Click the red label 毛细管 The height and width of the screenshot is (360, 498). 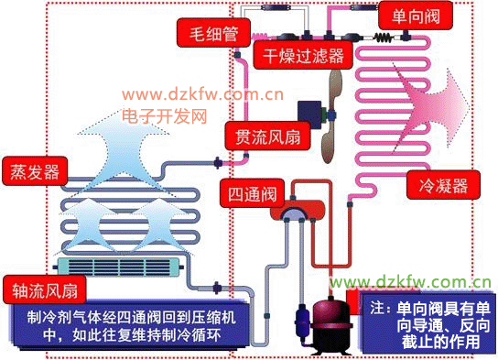(213, 33)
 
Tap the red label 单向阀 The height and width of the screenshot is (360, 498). (416, 16)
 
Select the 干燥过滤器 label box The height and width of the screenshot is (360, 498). (303, 55)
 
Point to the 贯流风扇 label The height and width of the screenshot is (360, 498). (267, 136)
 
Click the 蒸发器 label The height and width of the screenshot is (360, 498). (35, 171)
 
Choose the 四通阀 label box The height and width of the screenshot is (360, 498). (252, 193)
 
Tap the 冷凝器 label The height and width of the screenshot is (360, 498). (443, 185)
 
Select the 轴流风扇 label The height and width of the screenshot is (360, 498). (45, 289)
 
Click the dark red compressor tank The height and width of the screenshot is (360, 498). (330, 324)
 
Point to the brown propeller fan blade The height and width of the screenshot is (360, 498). (331, 116)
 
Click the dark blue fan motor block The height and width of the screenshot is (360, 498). (309, 113)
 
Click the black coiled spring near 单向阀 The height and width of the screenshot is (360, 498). (384, 38)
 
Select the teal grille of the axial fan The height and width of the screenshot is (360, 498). (119, 267)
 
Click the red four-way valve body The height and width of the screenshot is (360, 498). (298, 210)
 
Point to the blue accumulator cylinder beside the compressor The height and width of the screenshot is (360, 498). (302, 320)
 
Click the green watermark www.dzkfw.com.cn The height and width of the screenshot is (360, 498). (410, 282)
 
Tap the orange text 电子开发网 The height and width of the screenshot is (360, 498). (165, 115)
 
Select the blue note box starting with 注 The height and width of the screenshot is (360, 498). (428, 324)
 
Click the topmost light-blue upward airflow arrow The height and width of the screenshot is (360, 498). (124, 149)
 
